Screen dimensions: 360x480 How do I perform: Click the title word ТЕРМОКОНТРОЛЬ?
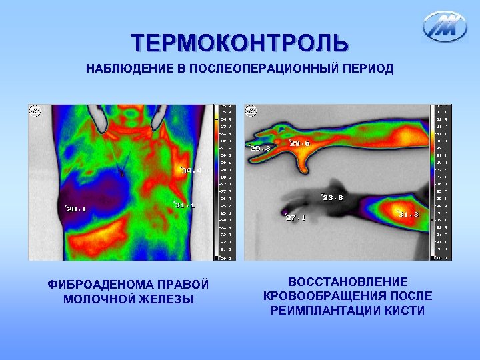pos(239,43)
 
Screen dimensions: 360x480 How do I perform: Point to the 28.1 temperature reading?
pos(76,209)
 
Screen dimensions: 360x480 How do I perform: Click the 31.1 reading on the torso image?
pos(185,205)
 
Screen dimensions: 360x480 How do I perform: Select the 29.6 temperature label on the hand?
pos(299,143)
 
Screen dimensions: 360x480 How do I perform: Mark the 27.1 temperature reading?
pos(295,217)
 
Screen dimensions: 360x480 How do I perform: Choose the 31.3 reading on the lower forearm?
pos(408,214)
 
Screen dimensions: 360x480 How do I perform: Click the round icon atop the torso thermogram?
pos(34,110)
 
